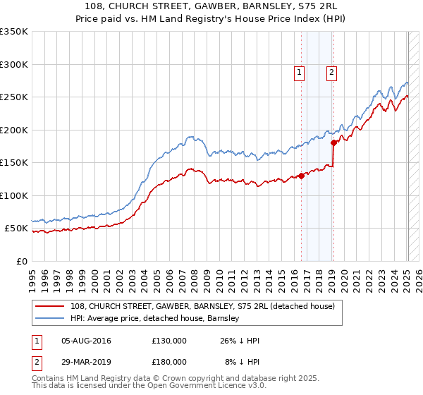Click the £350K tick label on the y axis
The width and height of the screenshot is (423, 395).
(14, 32)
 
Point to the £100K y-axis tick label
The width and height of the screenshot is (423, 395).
(14, 195)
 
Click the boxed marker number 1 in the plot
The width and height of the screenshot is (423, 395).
(299, 71)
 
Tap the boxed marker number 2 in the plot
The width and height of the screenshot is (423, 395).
(331, 71)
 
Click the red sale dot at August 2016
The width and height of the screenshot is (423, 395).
(301, 176)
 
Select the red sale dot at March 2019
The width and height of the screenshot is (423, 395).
(333, 143)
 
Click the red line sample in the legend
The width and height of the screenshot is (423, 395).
(51, 306)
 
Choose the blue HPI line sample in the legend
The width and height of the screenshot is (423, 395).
(51, 318)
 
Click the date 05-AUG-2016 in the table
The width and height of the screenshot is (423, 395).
(86, 341)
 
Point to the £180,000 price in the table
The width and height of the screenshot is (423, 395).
(169, 361)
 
